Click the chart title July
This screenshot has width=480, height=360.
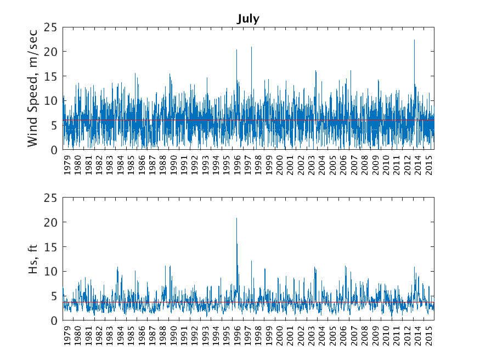click(248, 19)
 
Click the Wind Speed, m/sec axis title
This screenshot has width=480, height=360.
click(33, 88)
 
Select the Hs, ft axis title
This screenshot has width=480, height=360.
click(33, 259)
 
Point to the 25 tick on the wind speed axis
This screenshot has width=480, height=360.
click(51, 27)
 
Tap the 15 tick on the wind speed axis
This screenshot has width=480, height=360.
click(51, 76)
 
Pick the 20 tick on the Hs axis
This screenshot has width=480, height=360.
click(51, 222)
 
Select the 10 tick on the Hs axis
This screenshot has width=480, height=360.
click(51, 272)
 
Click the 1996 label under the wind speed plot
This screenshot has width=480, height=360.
click(238, 166)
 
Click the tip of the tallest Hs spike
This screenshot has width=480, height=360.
click(236, 218)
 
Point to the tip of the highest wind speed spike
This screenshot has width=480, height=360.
click(414, 40)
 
